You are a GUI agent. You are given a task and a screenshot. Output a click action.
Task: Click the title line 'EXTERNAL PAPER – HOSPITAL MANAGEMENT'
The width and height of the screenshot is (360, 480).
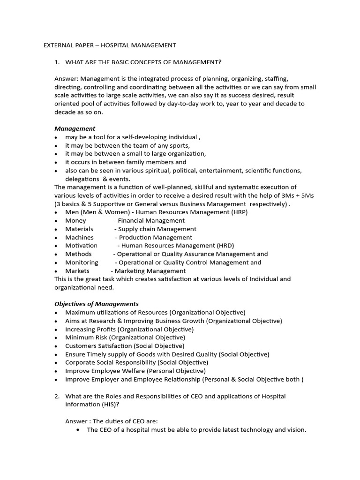[110, 45]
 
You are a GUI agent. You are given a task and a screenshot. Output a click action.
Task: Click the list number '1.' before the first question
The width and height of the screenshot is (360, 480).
[57, 62]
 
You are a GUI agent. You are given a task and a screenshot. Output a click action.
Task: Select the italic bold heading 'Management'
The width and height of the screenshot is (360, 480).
[75, 128]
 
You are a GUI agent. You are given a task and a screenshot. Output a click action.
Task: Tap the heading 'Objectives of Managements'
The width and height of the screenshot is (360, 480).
[97, 304]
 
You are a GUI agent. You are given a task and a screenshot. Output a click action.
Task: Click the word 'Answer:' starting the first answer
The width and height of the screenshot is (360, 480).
[67, 79]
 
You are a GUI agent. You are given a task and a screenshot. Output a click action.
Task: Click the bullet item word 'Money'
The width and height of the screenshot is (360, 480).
[75, 220]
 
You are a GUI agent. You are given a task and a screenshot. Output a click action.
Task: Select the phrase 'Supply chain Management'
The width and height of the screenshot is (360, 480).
[157, 229]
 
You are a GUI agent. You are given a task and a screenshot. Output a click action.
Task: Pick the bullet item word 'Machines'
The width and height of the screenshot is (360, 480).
[79, 237]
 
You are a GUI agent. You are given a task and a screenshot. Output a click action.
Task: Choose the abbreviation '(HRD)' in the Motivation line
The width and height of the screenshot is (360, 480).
[225, 246]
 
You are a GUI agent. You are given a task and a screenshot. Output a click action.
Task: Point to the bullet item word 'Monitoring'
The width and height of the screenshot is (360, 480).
[82, 262]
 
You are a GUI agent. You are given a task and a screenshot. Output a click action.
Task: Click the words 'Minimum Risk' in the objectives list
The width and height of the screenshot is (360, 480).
[84, 337]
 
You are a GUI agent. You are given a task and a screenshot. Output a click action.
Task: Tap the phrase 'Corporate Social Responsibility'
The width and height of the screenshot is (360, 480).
[111, 363]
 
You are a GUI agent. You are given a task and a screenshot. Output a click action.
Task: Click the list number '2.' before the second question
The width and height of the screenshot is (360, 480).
[57, 397]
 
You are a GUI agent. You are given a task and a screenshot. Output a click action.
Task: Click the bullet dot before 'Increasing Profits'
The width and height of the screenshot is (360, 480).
[56, 330]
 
